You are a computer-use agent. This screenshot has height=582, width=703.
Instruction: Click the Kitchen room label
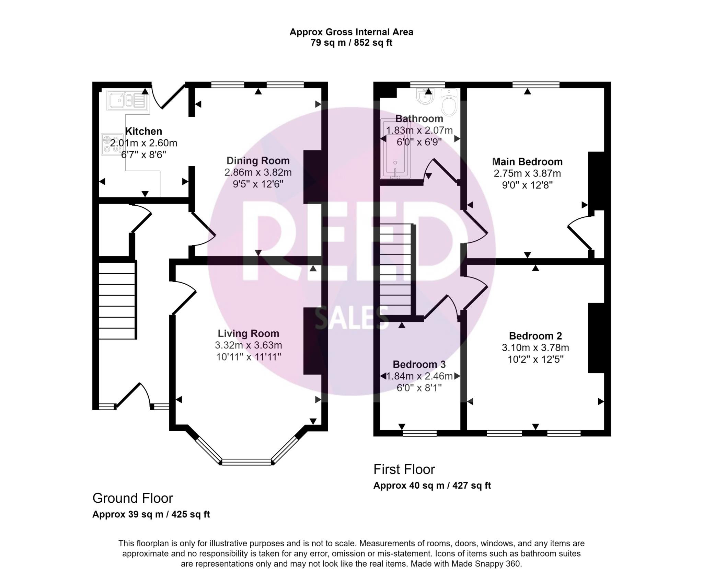coord(143,131)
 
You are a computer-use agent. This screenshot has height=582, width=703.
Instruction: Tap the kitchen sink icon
coord(127,100)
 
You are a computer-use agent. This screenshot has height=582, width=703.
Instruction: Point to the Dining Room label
coord(258,161)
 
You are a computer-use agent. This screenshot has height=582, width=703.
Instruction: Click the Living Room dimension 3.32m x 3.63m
coord(249,345)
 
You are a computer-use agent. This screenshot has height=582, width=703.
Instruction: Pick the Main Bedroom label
coord(527,162)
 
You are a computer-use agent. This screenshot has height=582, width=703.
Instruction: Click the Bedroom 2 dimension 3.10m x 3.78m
coord(535,347)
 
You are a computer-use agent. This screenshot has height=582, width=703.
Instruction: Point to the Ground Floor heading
coord(133,498)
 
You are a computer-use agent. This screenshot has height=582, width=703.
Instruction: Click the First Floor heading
coord(404,469)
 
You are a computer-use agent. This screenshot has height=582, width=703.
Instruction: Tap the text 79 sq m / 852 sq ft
coord(351,43)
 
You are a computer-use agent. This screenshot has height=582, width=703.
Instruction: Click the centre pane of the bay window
coord(247,462)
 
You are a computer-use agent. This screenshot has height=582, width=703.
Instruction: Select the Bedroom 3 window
coord(419,433)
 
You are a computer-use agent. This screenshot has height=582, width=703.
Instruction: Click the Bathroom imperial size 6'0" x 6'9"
coord(419,142)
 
